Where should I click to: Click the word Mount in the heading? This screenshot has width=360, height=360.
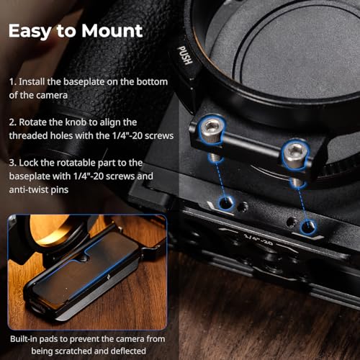[112, 30]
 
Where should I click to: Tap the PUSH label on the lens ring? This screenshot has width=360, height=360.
[185, 55]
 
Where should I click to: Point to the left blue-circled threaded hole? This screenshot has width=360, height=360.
[225, 203]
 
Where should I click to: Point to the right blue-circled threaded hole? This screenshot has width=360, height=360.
[307, 226]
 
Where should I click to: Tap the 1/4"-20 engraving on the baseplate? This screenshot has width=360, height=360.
[258, 239]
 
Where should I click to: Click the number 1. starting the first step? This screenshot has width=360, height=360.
[13, 82]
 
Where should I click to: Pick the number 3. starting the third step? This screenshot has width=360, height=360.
[13, 163]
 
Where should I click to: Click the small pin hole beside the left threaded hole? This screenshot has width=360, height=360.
[243, 207]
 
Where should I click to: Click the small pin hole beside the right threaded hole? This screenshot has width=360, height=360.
[292, 221]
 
